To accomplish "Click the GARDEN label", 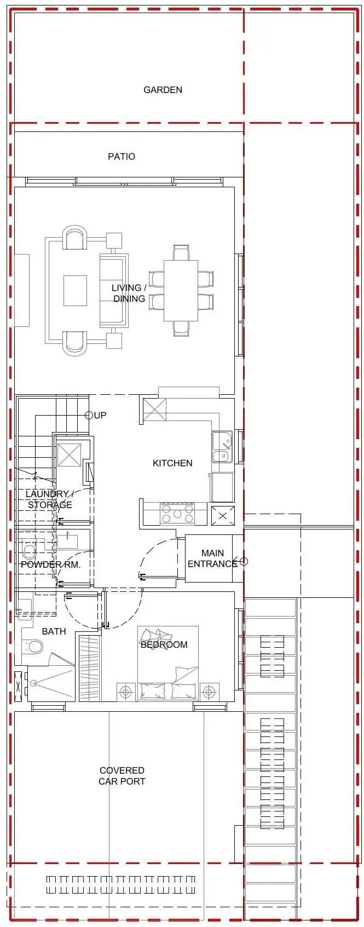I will (163, 90).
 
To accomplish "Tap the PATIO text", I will (122, 157).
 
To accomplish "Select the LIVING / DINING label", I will (129, 293).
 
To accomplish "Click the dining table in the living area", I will (181, 290).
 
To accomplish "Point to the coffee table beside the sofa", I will (75, 290).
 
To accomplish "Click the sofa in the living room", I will (113, 290).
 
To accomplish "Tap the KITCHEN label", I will (172, 463).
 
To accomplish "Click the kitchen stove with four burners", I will (177, 514).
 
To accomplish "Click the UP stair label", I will (100, 415).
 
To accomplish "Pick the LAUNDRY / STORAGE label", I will (49, 499).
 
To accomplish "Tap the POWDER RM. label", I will (50, 565).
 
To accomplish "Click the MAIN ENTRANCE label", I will (212, 558).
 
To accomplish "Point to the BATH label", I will (54, 631).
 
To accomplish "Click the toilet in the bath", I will (35, 647).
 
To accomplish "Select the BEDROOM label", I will (164, 644).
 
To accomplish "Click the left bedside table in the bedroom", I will (126, 692).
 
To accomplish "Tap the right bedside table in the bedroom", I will (209, 692).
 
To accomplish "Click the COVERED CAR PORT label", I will (122, 776).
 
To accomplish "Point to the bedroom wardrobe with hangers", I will (89, 668).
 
